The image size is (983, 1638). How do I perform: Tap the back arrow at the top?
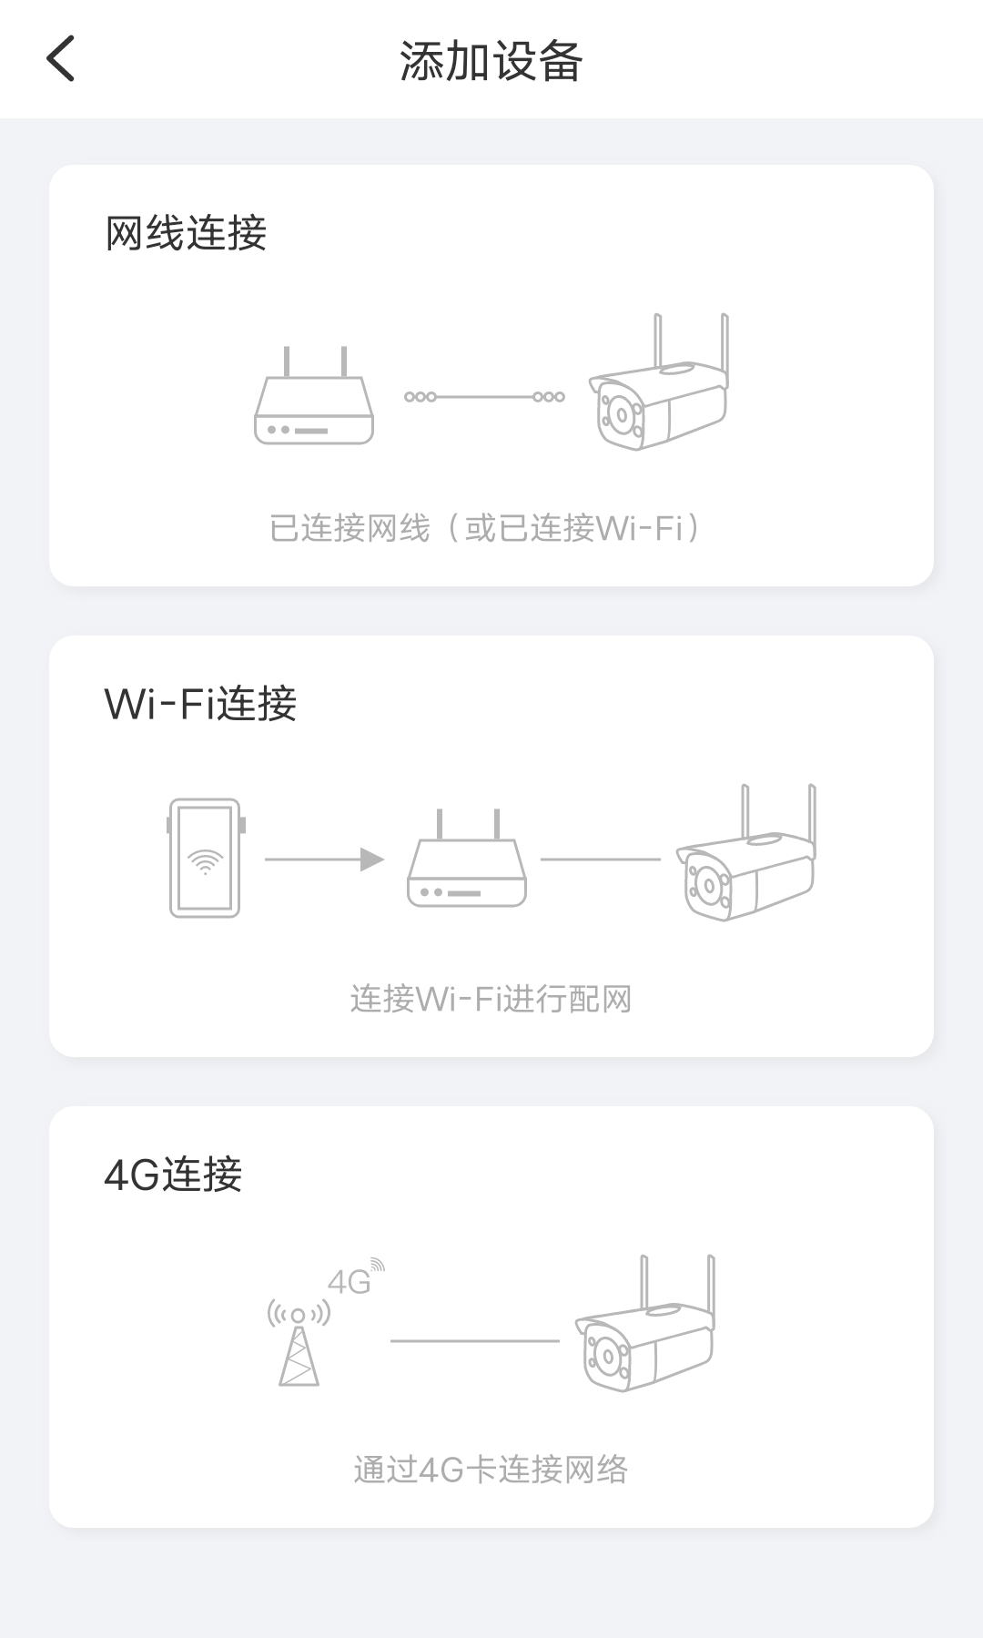click(x=60, y=59)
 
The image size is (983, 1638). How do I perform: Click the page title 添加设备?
click(x=491, y=62)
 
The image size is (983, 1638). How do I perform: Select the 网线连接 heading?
click(x=186, y=233)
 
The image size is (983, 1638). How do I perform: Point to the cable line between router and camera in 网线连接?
click(x=484, y=397)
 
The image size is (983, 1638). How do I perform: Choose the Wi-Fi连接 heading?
click(x=200, y=704)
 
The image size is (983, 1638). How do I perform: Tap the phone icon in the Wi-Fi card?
click(x=206, y=858)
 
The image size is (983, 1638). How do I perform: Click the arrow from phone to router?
click(x=324, y=860)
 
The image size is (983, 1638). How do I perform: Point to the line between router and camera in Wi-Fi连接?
click(x=600, y=860)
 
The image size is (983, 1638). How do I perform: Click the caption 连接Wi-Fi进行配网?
click(x=491, y=999)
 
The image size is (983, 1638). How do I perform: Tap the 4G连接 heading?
click(x=173, y=1175)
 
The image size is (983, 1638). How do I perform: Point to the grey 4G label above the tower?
click(x=350, y=1282)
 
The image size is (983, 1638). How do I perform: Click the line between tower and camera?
click(x=474, y=1341)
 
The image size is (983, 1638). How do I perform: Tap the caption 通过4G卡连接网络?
click(x=491, y=1470)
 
